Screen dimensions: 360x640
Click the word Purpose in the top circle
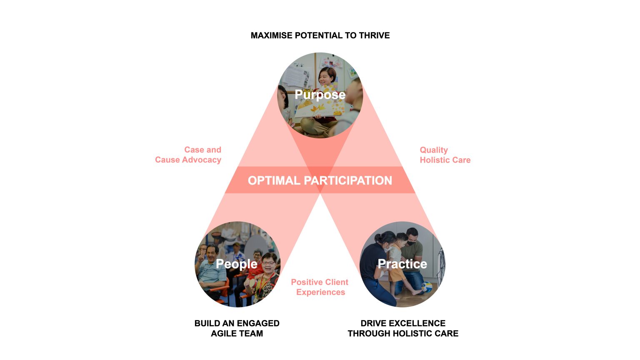coord(320,95)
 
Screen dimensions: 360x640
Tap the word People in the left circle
coord(236,264)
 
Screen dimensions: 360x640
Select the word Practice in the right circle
coord(402,264)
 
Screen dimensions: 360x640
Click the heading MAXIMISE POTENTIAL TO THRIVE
coord(320,35)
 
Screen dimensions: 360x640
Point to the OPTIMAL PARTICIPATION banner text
coord(320,180)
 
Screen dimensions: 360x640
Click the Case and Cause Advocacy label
coord(188,155)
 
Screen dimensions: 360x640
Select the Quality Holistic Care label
coord(445,155)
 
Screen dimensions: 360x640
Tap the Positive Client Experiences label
coord(320,287)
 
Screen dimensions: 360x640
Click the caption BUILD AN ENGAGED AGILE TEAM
coord(237,328)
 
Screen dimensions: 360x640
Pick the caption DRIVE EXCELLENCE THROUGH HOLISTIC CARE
coord(403,328)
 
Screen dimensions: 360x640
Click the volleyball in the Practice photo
coord(426,287)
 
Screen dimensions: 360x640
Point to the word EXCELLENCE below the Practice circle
coord(417,323)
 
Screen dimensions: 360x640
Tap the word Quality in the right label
coord(434,150)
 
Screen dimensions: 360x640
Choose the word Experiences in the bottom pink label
coord(320,292)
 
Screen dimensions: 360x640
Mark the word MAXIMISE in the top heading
coord(271,35)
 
